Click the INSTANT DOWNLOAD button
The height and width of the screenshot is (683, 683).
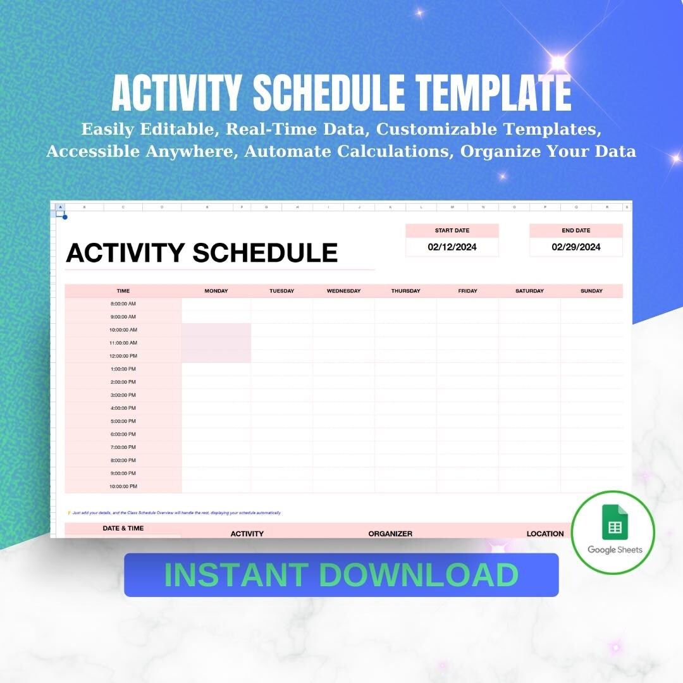(341, 575)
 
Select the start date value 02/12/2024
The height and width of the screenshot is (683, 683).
(452, 247)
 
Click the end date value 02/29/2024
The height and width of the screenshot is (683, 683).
(576, 247)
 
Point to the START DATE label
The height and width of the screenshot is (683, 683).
(452, 231)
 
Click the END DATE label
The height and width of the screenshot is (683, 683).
(576, 231)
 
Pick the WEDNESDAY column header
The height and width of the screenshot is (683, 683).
(343, 291)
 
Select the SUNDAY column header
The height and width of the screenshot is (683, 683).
(591, 291)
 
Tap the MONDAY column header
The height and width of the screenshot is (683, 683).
(216, 291)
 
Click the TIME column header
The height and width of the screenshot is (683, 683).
(123, 291)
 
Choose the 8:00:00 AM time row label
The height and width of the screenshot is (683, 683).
(123, 304)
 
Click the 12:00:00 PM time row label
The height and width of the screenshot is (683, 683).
(123, 356)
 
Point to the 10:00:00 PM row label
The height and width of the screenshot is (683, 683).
(123, 486)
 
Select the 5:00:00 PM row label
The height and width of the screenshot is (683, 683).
(123, 421)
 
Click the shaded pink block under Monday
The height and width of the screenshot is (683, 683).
(216, 343)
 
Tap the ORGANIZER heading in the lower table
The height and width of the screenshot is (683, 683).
(390, 534)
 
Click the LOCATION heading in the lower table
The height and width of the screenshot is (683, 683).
(545, 534)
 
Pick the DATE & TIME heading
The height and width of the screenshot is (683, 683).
(123, 528)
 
